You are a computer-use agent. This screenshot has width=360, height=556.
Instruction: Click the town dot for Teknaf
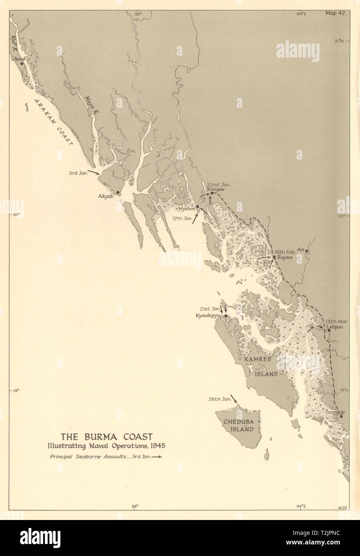pyautogui.click(x=22, y=63)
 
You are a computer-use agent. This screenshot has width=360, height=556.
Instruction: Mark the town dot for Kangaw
pyautogui.click(x=212, y=193)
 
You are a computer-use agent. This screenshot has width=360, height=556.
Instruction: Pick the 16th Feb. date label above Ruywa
pyautogui.click(x=284, y=252)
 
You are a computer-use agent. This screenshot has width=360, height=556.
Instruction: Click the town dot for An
pyautogui.click(x=307, y=251)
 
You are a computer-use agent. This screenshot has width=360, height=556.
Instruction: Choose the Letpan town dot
pyautogui.click(x=329, y=330)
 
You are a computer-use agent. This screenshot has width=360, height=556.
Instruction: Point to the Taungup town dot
pyautogui.click(x=341, y=416)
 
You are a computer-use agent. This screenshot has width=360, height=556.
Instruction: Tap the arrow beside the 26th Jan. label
pyautogui.click(x=233, y=399)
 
